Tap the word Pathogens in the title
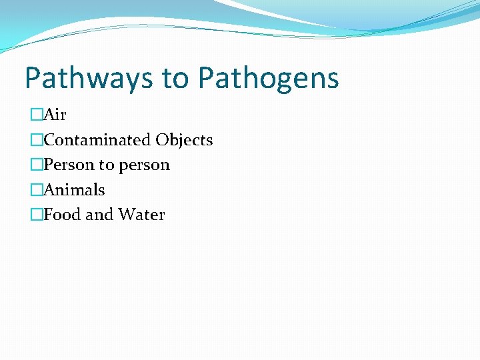(268, 79)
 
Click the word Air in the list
(55, 115)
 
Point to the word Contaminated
(97, 140)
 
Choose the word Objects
(184, 140)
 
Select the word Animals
(74, 190)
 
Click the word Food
(63, 215)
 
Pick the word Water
(141, 215)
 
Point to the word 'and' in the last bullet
(99, 215)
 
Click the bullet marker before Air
(37, 115)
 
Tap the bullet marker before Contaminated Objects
(37, 140)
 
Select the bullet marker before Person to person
(37, 165)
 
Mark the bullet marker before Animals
(37, 190)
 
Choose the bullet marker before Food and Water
(37, 215)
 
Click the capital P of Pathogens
(206, 79)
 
